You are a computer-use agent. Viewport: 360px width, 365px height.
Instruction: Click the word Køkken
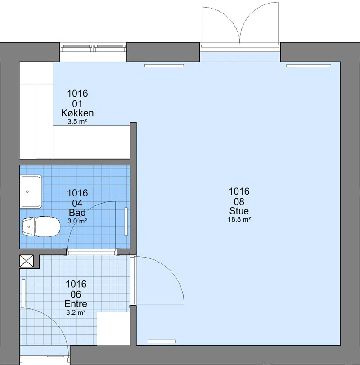(x=77, y=113)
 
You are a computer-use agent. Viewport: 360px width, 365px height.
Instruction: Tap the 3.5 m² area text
(x=77, y=121)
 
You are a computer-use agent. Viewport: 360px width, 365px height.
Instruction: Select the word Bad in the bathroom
(x=77, y=213)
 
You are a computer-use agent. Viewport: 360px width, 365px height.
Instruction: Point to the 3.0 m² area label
(x=77, y=221)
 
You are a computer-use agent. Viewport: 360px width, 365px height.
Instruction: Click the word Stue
(x=239, y=211)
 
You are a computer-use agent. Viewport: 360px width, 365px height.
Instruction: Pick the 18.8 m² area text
(x=239, y=219)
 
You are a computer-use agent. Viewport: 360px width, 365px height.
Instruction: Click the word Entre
(x=76, y=304)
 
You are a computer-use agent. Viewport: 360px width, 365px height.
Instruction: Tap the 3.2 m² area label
(x=76, y=312)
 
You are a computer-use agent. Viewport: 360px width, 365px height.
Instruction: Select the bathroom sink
(x=31, y=191)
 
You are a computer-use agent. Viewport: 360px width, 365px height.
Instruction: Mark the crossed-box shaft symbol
(x=27, y=261)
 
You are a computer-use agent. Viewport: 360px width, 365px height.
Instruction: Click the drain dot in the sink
(x=27, y=191)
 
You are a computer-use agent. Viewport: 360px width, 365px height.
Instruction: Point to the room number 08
(x=239, y=201)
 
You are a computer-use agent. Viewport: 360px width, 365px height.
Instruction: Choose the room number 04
(x=77, y=203)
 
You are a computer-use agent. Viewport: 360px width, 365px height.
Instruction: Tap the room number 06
(x=76, y=294)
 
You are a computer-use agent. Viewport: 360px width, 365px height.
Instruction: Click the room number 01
(x=77, y=104)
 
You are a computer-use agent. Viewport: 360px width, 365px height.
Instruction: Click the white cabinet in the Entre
(x=113, y=329)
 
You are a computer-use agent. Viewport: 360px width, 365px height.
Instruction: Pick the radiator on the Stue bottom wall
(x=162, y=341)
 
